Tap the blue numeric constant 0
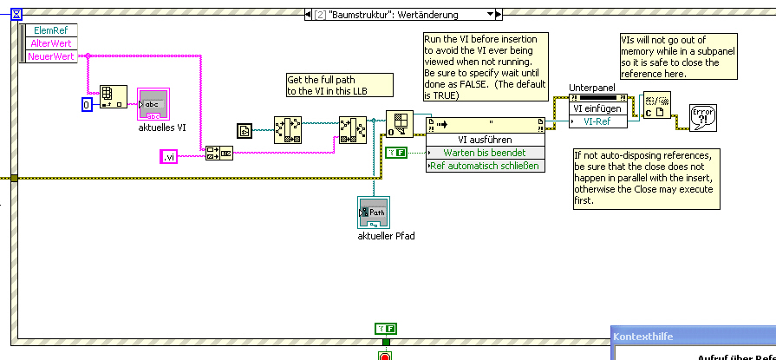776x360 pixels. click(x=87, y=105)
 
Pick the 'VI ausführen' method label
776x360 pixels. click(x=485, y=140)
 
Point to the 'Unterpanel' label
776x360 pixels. click(x=591, y=88)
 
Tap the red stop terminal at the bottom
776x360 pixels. click(x=384, y=356)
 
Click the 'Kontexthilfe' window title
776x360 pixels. click(x=643, y=336)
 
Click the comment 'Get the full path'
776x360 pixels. click(x=339, y=84)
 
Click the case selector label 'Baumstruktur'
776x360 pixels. click(x=399, y=15)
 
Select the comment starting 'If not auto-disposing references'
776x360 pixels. click(x=646, y=178)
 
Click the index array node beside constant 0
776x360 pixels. click(x=113, y=96)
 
